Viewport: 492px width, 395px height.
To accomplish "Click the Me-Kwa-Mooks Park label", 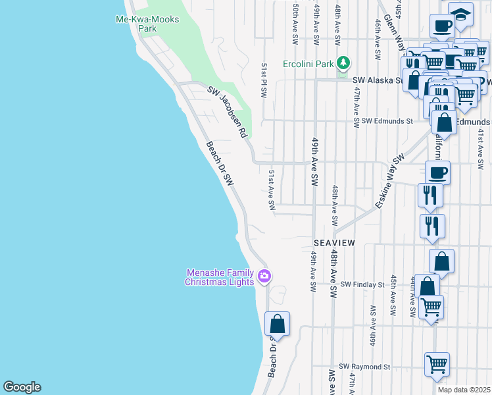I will [147, 24].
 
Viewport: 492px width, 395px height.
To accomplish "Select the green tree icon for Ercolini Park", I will [343, 63].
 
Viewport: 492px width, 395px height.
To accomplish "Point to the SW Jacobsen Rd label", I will [227, 112].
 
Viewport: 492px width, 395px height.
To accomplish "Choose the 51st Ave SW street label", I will [272, 190].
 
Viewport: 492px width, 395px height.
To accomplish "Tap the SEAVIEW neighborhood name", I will [333, 243].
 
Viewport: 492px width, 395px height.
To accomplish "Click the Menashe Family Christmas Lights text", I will [219, 277].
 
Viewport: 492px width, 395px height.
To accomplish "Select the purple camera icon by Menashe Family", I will [264, 275].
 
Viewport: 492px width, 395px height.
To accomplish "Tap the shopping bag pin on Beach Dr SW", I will [277, 324].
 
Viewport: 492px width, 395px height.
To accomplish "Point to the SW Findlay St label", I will [362, 284].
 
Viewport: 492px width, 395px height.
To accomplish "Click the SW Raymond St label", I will [364, 366].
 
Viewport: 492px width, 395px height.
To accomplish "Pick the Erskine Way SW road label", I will [389, 182].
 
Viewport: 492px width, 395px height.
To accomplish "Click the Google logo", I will [22, 387].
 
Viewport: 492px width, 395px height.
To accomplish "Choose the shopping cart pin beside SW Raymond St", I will [437, 364].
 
